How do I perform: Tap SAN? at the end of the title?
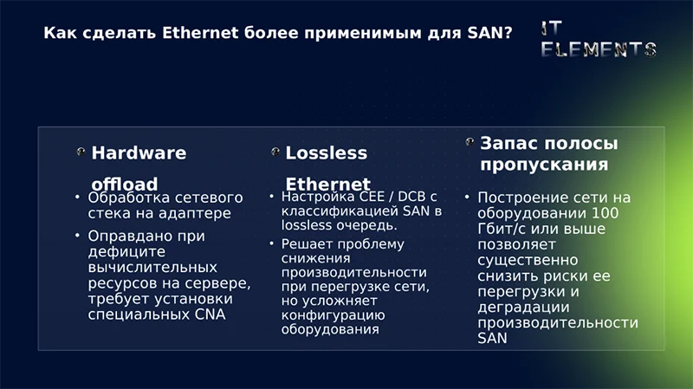pyautogui.click(x=489, y=34)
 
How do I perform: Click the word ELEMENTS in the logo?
pyautogui.click(x=598, y=49)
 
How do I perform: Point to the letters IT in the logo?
pyautogui.click(x=554, y=28)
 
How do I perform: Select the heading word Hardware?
pyautogui.click(x=139, y=153)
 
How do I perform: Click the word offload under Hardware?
pyautogui.click(x=125, y=184)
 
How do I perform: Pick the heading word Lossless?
pyautogui.click(x=326, y=153)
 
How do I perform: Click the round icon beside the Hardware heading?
pyautogui.click(x=81, y=152)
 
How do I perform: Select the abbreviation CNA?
pyautogui.click(x=208, y=314)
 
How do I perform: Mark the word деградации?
pyautogui.click(x=523, y=307)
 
